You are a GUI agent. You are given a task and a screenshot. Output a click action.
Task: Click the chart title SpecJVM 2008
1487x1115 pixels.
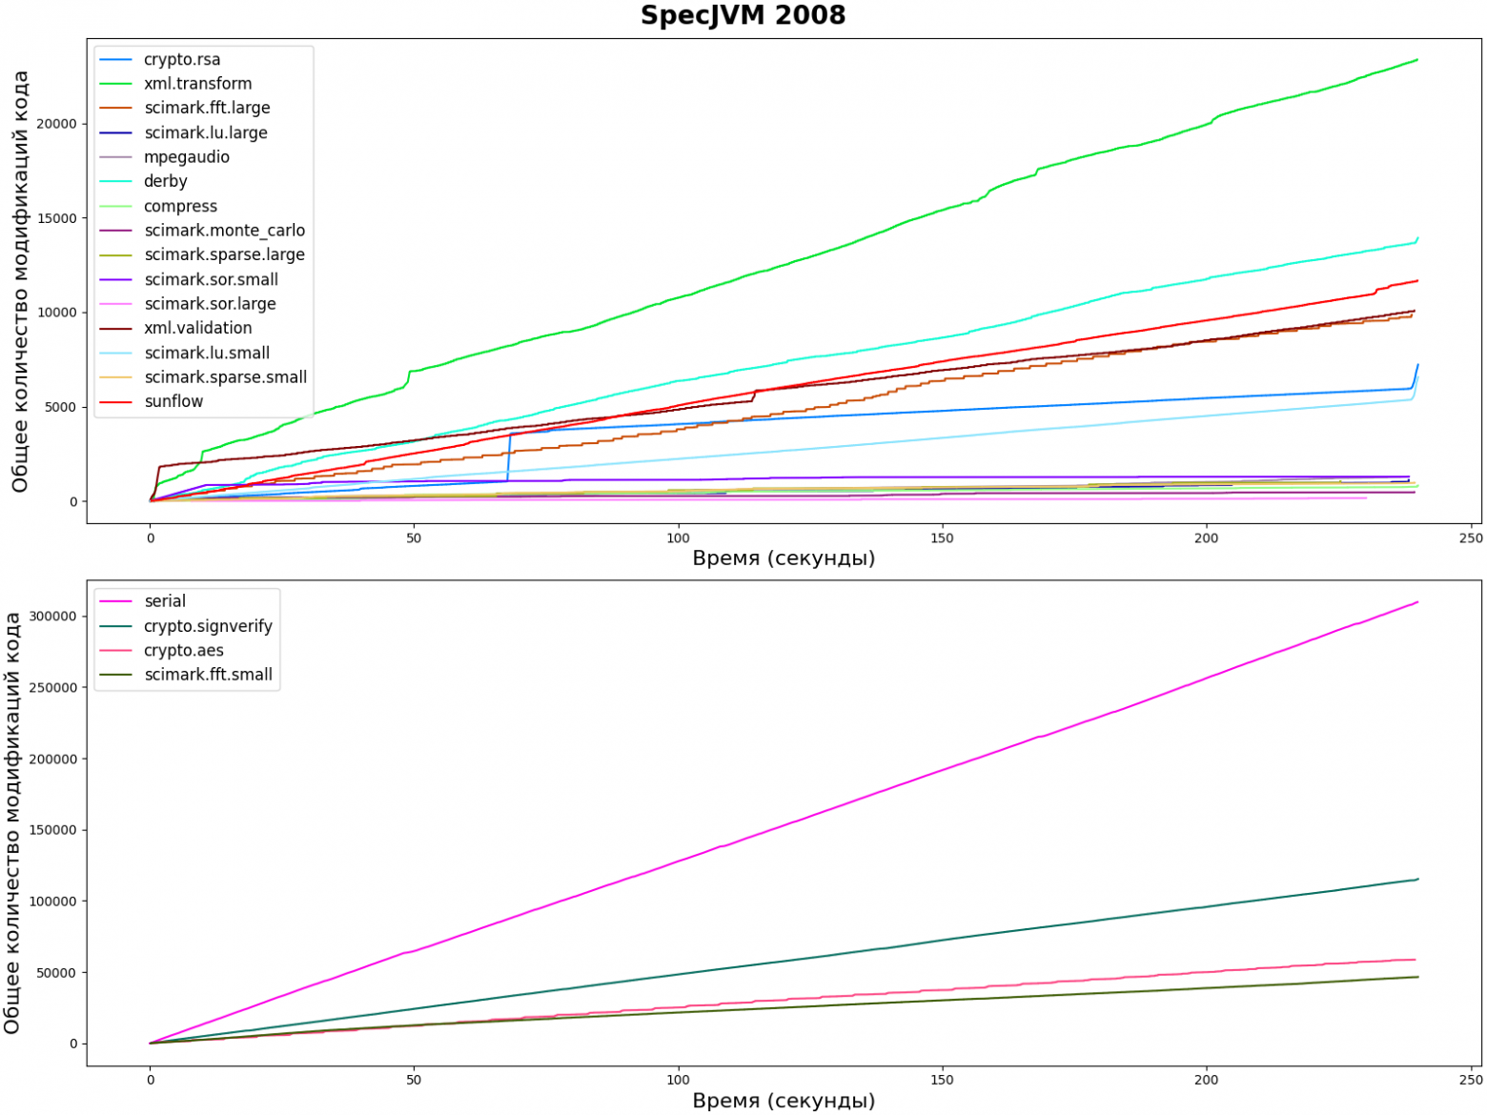pos(743,16)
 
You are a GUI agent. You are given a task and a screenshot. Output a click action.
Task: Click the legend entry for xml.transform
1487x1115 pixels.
pos(197,84)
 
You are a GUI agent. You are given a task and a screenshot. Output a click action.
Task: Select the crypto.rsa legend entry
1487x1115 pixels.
pos(181,59)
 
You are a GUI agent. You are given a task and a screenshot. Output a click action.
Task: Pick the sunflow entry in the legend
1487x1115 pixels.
pos(173,401)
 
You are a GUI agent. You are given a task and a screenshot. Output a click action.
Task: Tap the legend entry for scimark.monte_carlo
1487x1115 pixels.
pos(224,231)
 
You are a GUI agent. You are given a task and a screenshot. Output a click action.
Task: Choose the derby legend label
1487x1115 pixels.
pos(165,181)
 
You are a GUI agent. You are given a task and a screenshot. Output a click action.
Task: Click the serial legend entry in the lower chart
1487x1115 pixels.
pos(165,601)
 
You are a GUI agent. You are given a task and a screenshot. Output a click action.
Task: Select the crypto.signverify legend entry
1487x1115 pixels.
pos(208,626)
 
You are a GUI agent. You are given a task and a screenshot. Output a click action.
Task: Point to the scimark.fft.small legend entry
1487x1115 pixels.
pos(208,675)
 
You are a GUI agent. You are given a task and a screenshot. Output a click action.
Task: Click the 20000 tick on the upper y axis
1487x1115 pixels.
pos(56,124)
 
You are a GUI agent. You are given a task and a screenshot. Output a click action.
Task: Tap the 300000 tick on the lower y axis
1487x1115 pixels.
pos(52,617)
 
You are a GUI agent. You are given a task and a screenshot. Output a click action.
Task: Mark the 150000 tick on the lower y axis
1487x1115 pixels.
pos(52,830)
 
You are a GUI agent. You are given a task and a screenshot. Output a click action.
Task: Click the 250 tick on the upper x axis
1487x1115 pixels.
pos(1470,538)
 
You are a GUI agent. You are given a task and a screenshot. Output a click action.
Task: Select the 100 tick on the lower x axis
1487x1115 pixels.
pos(678,1081)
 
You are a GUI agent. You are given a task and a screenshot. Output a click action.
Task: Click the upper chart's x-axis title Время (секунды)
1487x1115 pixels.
pos(784,558)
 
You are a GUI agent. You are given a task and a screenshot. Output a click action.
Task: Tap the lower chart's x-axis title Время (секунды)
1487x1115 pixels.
pos(784,1102)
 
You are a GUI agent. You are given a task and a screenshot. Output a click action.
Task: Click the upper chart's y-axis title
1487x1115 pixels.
pos(20,281)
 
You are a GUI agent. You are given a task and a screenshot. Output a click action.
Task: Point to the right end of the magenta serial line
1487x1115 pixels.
pos(1417,602)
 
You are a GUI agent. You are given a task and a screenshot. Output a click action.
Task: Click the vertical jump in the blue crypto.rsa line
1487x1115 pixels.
pos(509,457)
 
